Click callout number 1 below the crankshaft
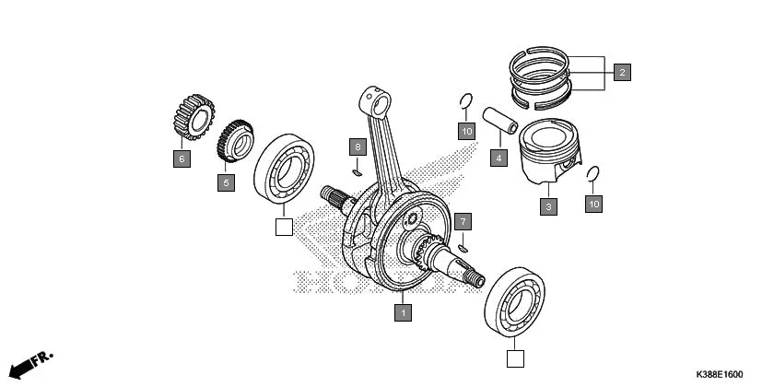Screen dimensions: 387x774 402,313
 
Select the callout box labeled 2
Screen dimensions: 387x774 622,72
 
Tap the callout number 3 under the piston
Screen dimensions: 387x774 549,206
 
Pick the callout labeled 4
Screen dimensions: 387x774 498,158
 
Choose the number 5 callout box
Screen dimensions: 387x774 226,182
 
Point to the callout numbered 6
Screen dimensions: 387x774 182,158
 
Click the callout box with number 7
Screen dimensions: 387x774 464,221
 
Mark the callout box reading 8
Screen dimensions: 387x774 358,147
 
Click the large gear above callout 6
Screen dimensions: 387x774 194,117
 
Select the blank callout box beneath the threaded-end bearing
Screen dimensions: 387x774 516,358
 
